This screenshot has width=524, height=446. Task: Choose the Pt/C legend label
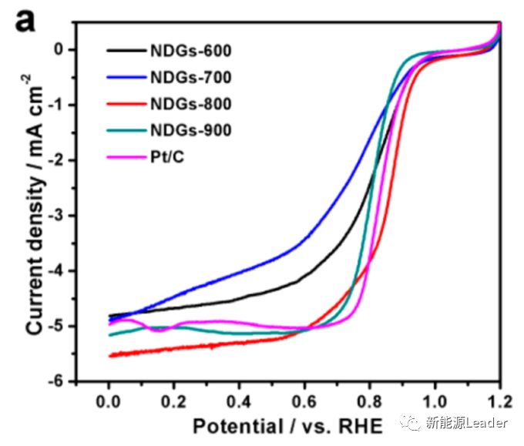(x=172, y=156)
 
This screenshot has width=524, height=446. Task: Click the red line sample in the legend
(x=125, y=103)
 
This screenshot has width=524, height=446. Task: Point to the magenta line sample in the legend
(x=125, y=156)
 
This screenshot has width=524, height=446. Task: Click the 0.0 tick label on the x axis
(x=109, y=401)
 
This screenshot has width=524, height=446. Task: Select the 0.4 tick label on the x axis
(x=240, y=401)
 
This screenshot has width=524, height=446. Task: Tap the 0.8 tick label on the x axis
(x=370, y=401)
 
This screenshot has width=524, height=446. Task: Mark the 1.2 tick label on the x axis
(x=499, y=401)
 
